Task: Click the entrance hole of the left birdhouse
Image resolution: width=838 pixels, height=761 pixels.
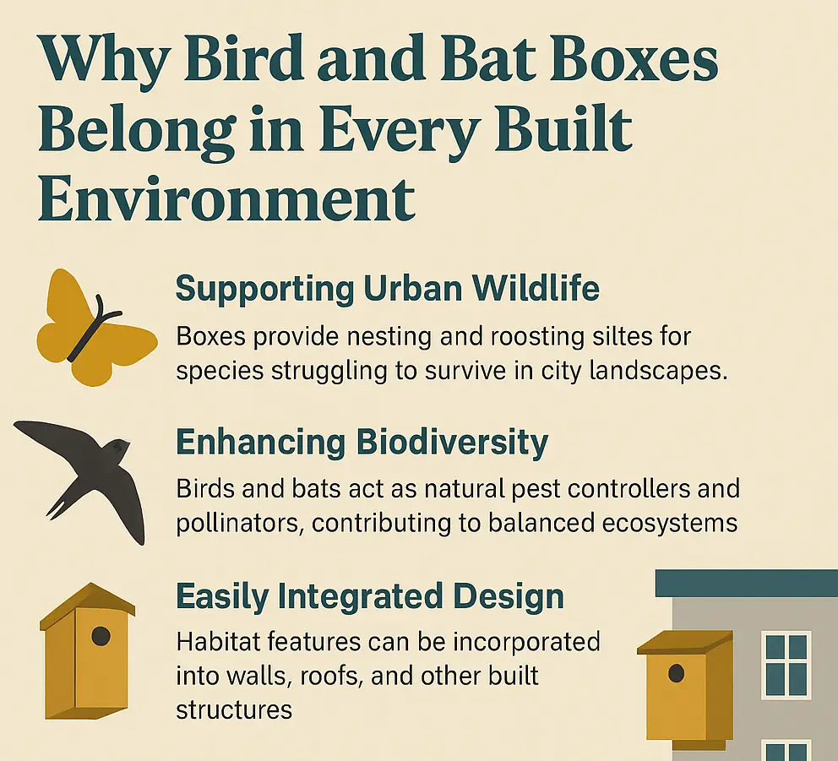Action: click(x=101, y=636)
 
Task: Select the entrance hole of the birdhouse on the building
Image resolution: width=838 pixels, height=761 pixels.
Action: click(x=676, y=673)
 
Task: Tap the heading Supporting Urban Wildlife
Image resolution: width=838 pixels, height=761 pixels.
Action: click(x=388, y=289)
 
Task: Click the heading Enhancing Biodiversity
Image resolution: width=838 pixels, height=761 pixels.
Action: click(x=362, y=443)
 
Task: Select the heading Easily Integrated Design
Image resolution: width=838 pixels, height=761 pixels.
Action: click(x=370, y=596)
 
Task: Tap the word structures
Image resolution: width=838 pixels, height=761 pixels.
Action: click(x=234, y=709)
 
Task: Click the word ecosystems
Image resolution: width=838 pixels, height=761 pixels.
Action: click(x=670, y=523)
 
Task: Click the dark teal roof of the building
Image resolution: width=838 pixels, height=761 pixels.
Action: click(x=747, y=583)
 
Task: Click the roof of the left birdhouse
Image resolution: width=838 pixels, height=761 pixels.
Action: click(x=89, y=605)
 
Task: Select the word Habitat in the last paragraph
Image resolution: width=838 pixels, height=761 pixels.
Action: click(x=216, y=642)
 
